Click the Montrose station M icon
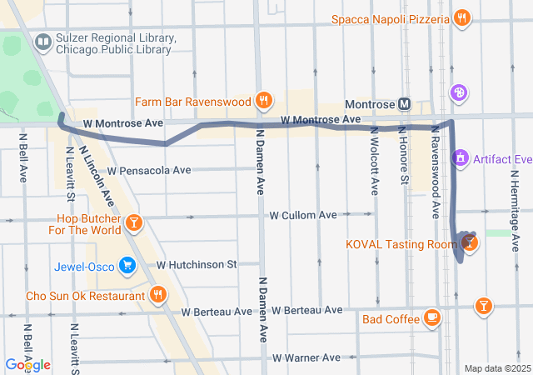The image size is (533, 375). pos(405,103)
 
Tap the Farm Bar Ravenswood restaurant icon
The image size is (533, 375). pos(264,102)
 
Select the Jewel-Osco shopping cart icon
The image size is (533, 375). pos(127,265)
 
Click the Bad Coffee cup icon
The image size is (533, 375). pos(431,317)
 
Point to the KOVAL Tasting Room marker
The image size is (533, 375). pos(470,242)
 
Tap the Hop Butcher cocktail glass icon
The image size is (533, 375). pos(134,222)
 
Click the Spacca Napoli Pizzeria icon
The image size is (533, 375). pos(461,18)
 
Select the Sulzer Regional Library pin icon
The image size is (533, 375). pos(42,41)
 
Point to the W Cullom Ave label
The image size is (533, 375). pos(302,215)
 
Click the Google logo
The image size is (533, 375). pos(27,364)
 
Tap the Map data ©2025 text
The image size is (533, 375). pos(496,368)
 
